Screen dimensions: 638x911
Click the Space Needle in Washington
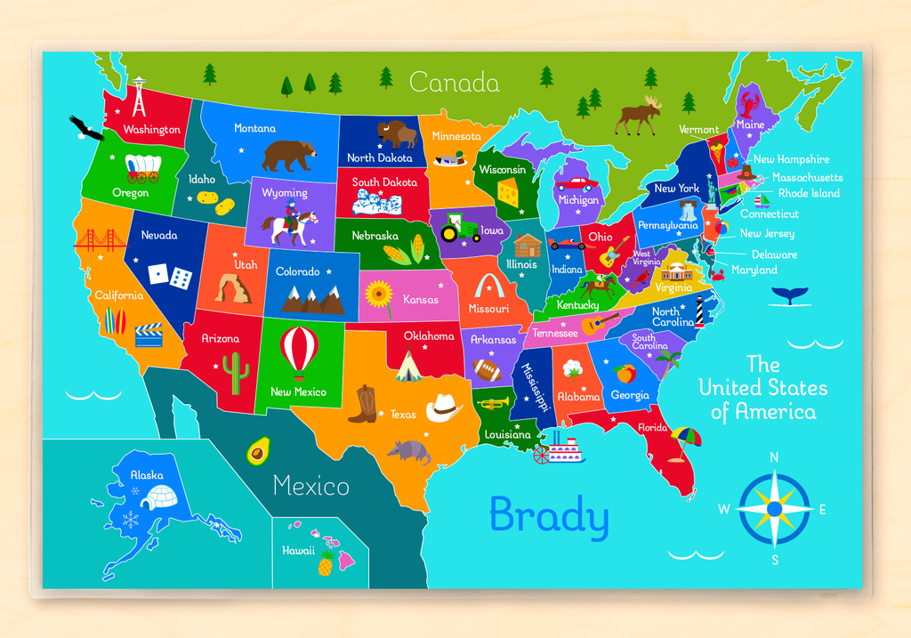(x=139, y=99)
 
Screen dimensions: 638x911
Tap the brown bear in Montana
(x=288, y=155)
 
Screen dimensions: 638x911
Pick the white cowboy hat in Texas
(x=444, y=408)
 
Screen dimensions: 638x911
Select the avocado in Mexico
(x=258, y=450)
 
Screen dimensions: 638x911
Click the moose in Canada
(x=640, y=115)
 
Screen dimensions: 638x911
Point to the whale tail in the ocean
(x=786, y=295)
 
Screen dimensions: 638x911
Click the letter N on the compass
(x=774, y=457)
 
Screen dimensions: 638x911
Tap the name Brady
(x=549, y=516)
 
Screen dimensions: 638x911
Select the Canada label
(x=454, y=83)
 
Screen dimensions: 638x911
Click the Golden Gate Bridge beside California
(x=100, y=240)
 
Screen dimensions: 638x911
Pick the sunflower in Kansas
(x=379, y=293)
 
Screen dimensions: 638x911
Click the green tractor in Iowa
(x=460, y=230)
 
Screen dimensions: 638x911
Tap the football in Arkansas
(x=487, y=369)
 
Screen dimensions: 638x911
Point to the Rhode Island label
(x=809, y=193)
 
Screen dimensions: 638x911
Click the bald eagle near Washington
(x=86, y=128)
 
